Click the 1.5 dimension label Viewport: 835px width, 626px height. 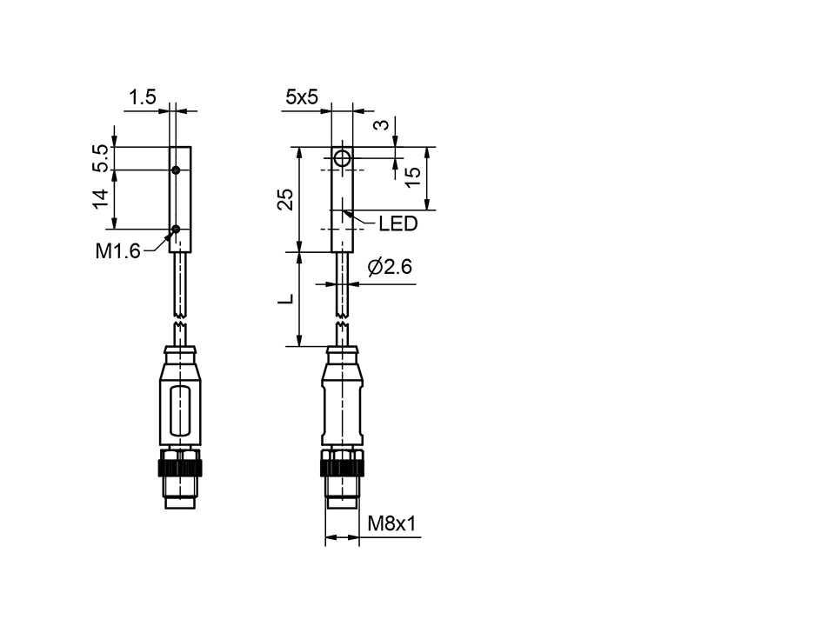[x=143, y=97]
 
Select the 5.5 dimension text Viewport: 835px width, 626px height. [x=101, y=157]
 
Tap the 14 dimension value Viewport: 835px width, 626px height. [x=101, y=198]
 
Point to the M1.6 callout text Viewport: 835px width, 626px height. [x=117, y=252]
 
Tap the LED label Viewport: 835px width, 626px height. [x=397, y=224]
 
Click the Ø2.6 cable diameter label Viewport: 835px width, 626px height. [x=389, y=268]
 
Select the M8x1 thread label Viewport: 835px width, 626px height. [x=392, y=523]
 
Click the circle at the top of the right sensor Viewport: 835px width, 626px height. [x=343, y=159]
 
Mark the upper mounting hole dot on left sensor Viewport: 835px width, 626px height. [x=176, y=170]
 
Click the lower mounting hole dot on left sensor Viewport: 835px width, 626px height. [x=176, y=230]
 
